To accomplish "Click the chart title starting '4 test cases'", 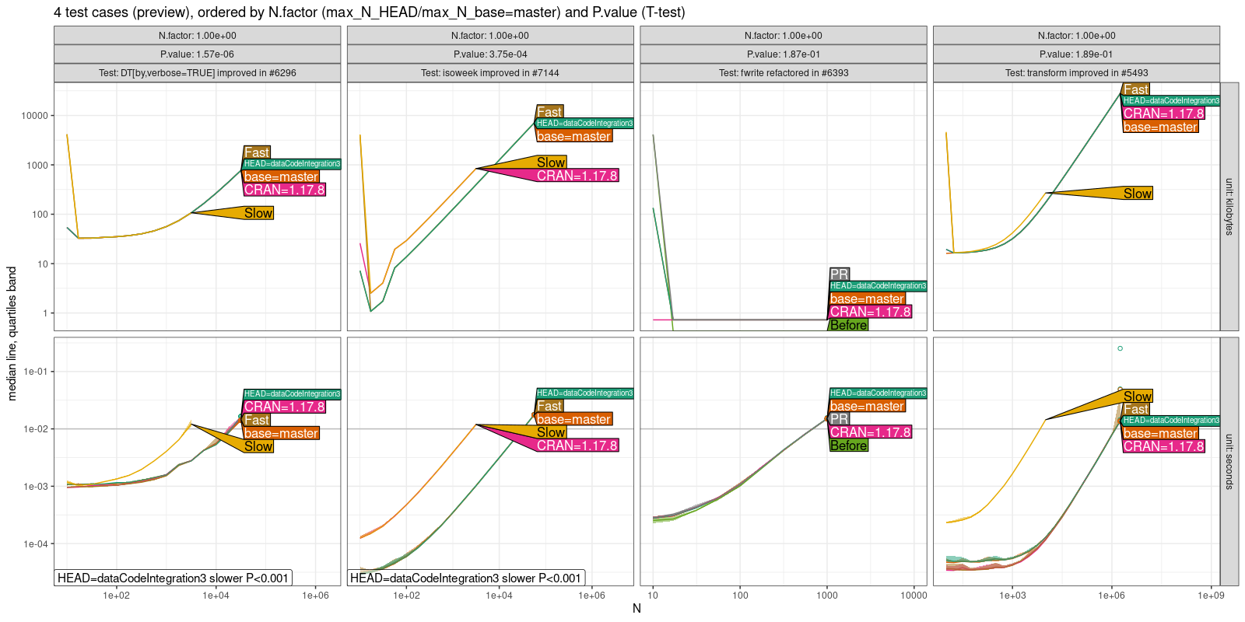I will (370, 12).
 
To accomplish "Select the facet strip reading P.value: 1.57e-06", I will (197, 54).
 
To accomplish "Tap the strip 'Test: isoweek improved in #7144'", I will (490, 73).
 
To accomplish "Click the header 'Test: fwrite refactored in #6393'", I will (784, 73).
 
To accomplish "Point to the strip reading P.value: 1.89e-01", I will (1076, 54).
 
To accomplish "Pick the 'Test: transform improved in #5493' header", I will (1076, 73).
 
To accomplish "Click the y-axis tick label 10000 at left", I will (34, 116).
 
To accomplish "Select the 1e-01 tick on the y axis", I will (34, 372).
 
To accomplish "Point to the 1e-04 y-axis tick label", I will (34, 544).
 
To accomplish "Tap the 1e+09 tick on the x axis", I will (1210, 596).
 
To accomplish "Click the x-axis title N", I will (637, 609).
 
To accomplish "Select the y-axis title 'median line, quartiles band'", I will (12, 334).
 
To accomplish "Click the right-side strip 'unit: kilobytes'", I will (1229, 207).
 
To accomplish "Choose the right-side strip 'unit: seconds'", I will (1229, 461).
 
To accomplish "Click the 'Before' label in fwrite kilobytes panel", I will (848, 325).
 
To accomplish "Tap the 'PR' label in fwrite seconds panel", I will (839, 419).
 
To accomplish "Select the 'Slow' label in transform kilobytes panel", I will (1137, 194).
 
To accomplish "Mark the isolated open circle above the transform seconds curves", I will (1120, 348).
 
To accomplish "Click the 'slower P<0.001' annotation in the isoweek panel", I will (466, 578).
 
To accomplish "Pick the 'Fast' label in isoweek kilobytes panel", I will (549, 112).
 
